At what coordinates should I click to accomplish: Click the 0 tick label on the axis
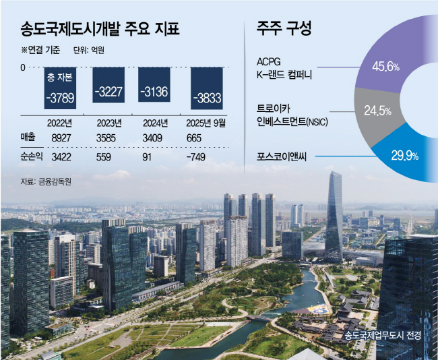23,67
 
